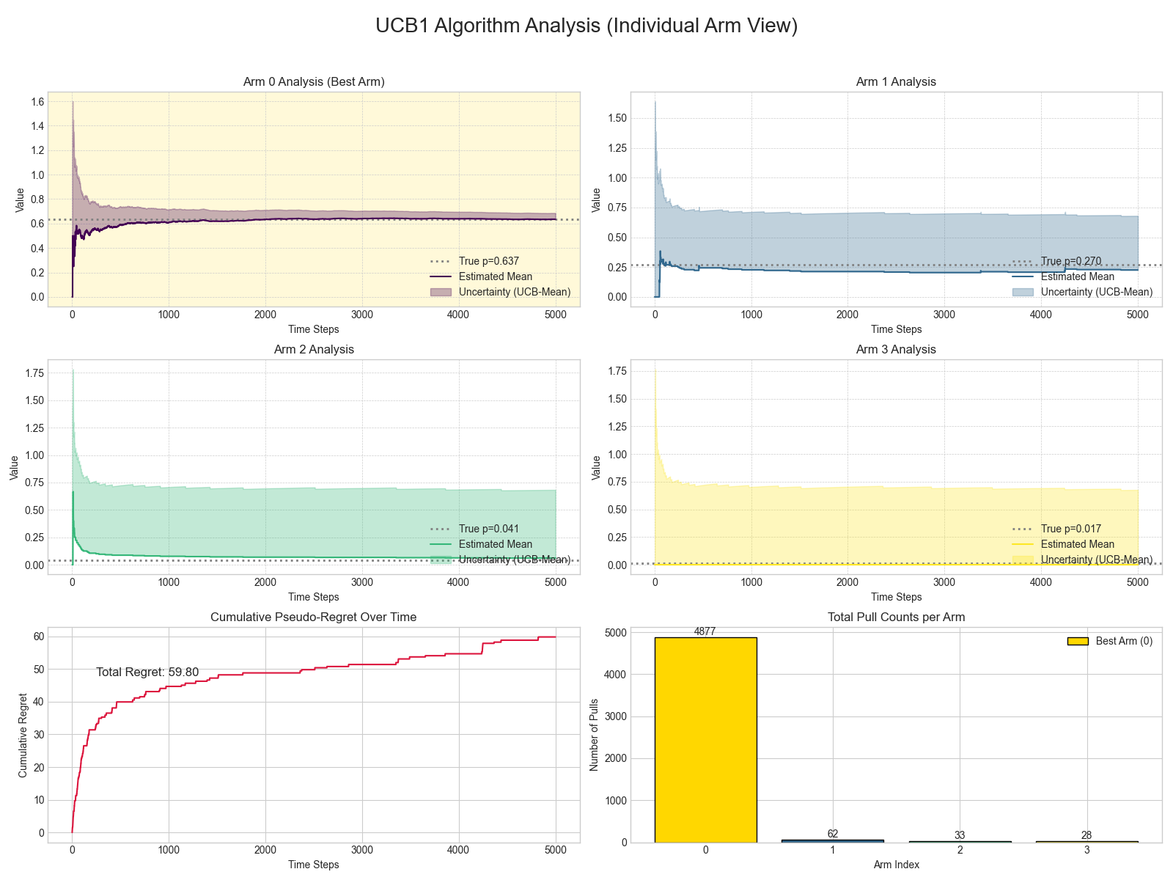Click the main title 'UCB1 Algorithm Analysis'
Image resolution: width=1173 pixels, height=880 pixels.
click(x=586, y=26)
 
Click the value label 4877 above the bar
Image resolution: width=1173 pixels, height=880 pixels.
click(x=705, y=631)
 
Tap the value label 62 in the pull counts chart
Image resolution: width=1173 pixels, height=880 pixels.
click(x=832, y=834)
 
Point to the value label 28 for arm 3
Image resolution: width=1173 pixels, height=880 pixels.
click(x=1086, y=835)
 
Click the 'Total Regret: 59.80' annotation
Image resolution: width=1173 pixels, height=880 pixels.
click(x=147, y=672)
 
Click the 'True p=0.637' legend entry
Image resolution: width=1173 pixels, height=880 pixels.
click(x=488, y=261)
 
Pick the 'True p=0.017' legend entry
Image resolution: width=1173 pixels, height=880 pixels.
click(x=1070, y=529)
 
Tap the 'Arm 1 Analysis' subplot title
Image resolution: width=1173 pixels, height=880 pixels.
click(x=896, y=81)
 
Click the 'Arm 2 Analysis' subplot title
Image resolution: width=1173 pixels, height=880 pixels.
click(x=314, y=349)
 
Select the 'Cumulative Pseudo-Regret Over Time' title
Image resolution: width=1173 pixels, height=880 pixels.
click(x=314, y=617)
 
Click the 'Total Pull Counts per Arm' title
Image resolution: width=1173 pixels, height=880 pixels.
click(x=896, y=617)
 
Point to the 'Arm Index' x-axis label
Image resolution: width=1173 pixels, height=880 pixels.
click(x=896, y=865)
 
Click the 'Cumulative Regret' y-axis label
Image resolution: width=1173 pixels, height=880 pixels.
click(x=23, y=735)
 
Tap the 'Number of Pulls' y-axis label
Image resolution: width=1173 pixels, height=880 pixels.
click(x=595, y=735)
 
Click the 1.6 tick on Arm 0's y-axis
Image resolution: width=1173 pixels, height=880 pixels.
click(x=37, y=101)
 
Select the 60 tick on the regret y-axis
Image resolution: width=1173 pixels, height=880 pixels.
click(x=38, y=637)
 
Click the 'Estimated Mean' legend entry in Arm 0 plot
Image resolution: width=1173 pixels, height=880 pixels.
click(x=495, y=276)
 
